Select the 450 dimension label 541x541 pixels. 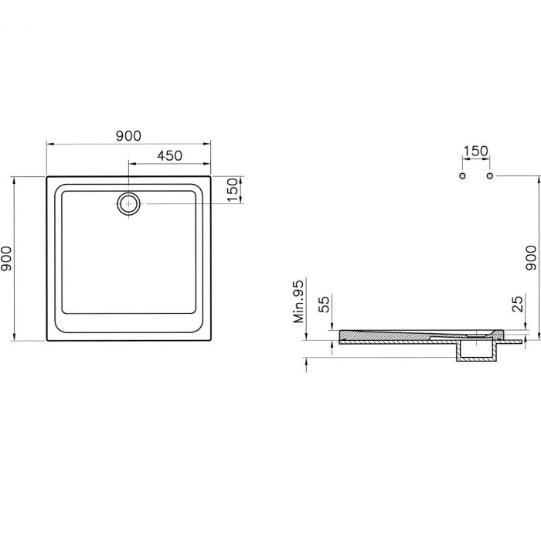[169, 155]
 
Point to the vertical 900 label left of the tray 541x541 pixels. [7, 259]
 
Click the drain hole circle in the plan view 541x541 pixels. [128, 204]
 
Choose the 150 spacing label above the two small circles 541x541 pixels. [475, 151]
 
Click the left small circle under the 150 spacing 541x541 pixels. [462, 176]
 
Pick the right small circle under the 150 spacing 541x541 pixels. [489, 176]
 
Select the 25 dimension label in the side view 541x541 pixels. [518, 302]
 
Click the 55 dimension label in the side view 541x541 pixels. [325, 302]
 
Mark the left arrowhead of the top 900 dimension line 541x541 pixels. [49, 144]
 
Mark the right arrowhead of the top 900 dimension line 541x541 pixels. [208, 144]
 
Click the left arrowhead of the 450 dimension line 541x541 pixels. [131, 164]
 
